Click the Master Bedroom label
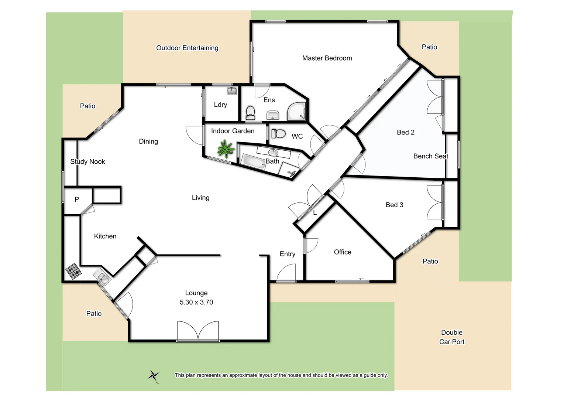327,58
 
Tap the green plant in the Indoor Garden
225,149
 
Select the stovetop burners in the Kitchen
73,271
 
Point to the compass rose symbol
154,376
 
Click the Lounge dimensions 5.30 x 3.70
196,302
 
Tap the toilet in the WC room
279,134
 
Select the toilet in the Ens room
250,112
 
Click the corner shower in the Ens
297,111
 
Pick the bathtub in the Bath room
253,161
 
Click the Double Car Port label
452,337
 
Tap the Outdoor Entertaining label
187,48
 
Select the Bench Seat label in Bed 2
430,156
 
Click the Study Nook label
87,161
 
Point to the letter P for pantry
77,199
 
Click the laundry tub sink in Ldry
231,91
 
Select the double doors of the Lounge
198,331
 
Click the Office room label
343,252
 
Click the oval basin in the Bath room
273,152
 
